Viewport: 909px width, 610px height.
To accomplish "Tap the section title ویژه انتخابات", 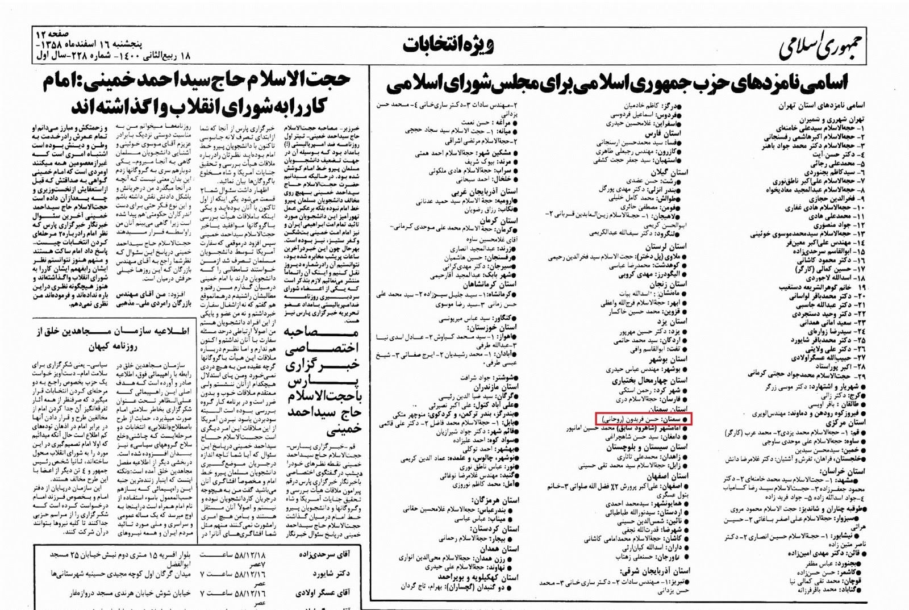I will click(x=449, y=45).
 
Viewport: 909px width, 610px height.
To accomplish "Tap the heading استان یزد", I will click(x=670, y=321).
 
